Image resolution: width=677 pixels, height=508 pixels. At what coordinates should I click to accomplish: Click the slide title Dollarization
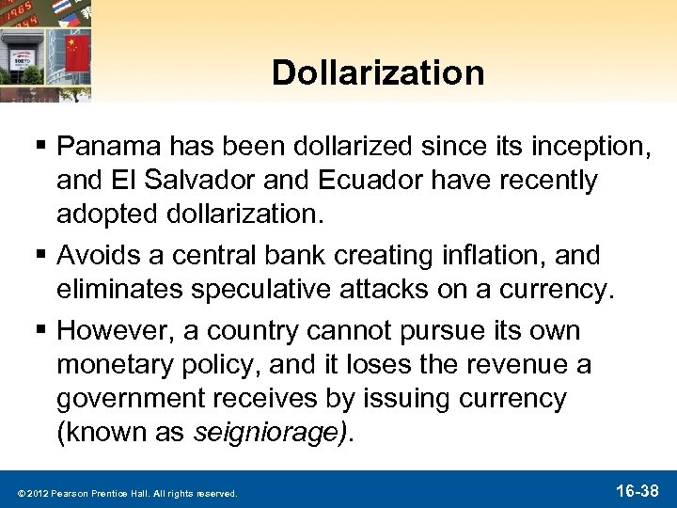[x=379, y=72]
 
